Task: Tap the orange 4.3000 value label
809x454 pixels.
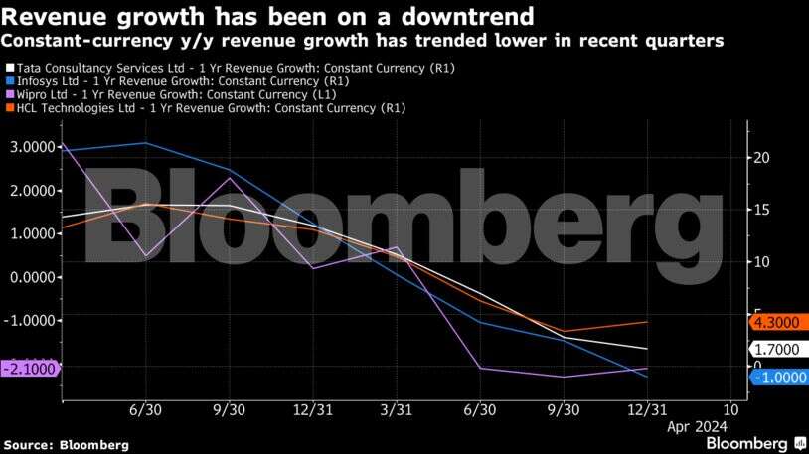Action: click(782, 322)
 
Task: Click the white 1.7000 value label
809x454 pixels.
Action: click(782, 350)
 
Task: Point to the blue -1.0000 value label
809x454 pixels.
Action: click(782, 378)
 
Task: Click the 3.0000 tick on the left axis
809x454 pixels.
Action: click(29, 147)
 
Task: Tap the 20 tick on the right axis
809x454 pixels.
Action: click(760, 158)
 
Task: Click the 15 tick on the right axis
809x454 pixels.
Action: click(760, 210)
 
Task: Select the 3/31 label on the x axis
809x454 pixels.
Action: click(396, 409)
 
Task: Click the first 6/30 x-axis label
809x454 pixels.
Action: click(145, 409)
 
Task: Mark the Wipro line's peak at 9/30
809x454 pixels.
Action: click(230, 178)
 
